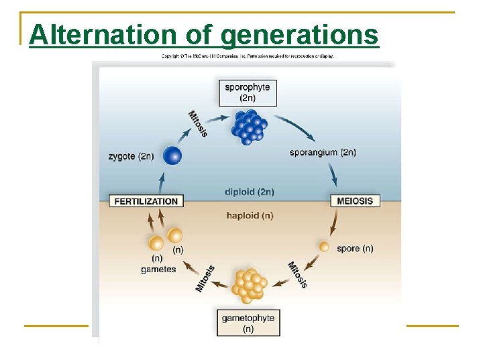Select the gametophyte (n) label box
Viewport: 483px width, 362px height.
point(248,322)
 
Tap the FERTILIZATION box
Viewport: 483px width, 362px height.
point(146,201)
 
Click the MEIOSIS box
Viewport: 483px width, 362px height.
point(355,201)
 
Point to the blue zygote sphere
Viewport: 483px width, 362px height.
point(172,156)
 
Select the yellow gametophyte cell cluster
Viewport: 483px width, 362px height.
point(249,284)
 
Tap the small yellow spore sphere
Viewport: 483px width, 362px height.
point(324,247)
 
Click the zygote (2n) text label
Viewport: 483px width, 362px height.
point(131,157)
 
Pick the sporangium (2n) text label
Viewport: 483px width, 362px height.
point(323,152)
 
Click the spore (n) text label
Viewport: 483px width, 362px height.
point(355,248)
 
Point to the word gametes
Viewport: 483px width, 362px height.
point(158,269)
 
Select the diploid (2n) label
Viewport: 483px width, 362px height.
point(250,192)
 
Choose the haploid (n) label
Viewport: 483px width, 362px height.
point(250,215)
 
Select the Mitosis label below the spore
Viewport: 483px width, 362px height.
point(297,274)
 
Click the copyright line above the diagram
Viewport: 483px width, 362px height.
point(248,56)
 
